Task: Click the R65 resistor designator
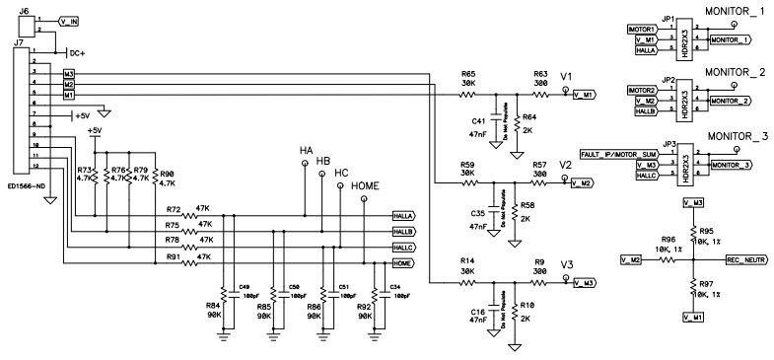click(467, 74)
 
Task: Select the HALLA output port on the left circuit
click(401, 215)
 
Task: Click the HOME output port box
click(401, 264)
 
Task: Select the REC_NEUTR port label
click(746, 259)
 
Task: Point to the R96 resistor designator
click(668, 240)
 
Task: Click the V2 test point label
click(565, 165)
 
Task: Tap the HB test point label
click(321, 162)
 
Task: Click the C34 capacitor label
click(394, 287)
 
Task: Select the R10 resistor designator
click(528, 307)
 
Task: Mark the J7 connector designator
click(19, 45)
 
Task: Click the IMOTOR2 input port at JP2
click(642, 90)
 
